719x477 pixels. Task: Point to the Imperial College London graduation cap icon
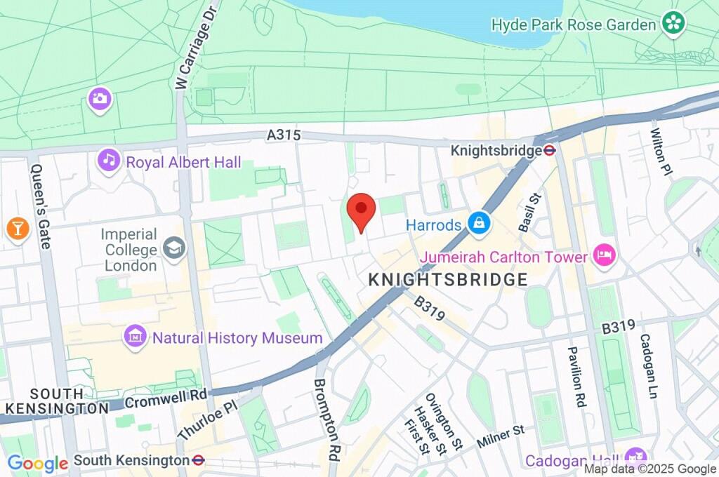pyautogui.click(x=173, y=247)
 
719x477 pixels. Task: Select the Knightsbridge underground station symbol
pyautogui.click(x=550, y=149)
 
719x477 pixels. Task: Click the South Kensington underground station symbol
pyautogui.click(x=198, y=460)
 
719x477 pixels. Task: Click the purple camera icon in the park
pyautogui.click(x=100, y=98)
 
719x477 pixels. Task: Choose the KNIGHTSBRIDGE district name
pyautogui.click(x=448, y=280)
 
